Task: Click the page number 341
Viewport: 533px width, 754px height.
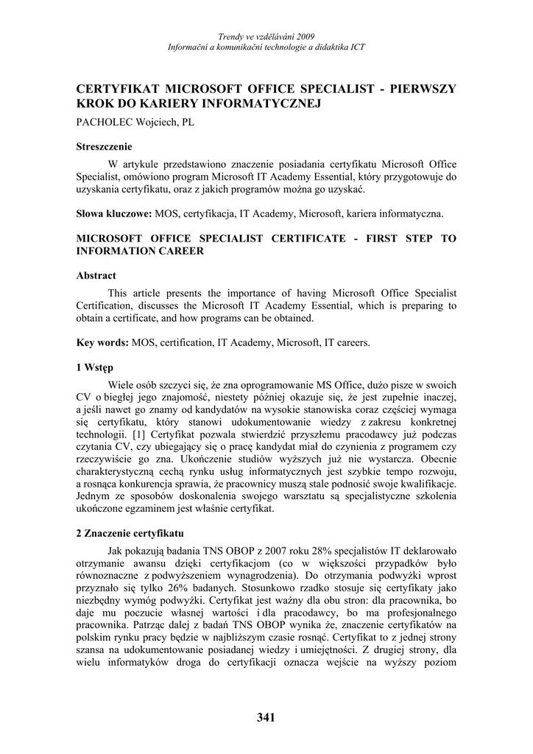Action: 266,718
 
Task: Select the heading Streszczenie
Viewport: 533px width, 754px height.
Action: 104,147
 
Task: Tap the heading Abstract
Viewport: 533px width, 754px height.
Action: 96,275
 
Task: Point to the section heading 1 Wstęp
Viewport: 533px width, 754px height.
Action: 94,367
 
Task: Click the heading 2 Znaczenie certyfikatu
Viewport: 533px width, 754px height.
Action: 130,532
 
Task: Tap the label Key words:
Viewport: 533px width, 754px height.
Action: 103,342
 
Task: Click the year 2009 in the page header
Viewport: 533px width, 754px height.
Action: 304,35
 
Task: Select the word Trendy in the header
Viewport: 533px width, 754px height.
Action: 231,35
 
